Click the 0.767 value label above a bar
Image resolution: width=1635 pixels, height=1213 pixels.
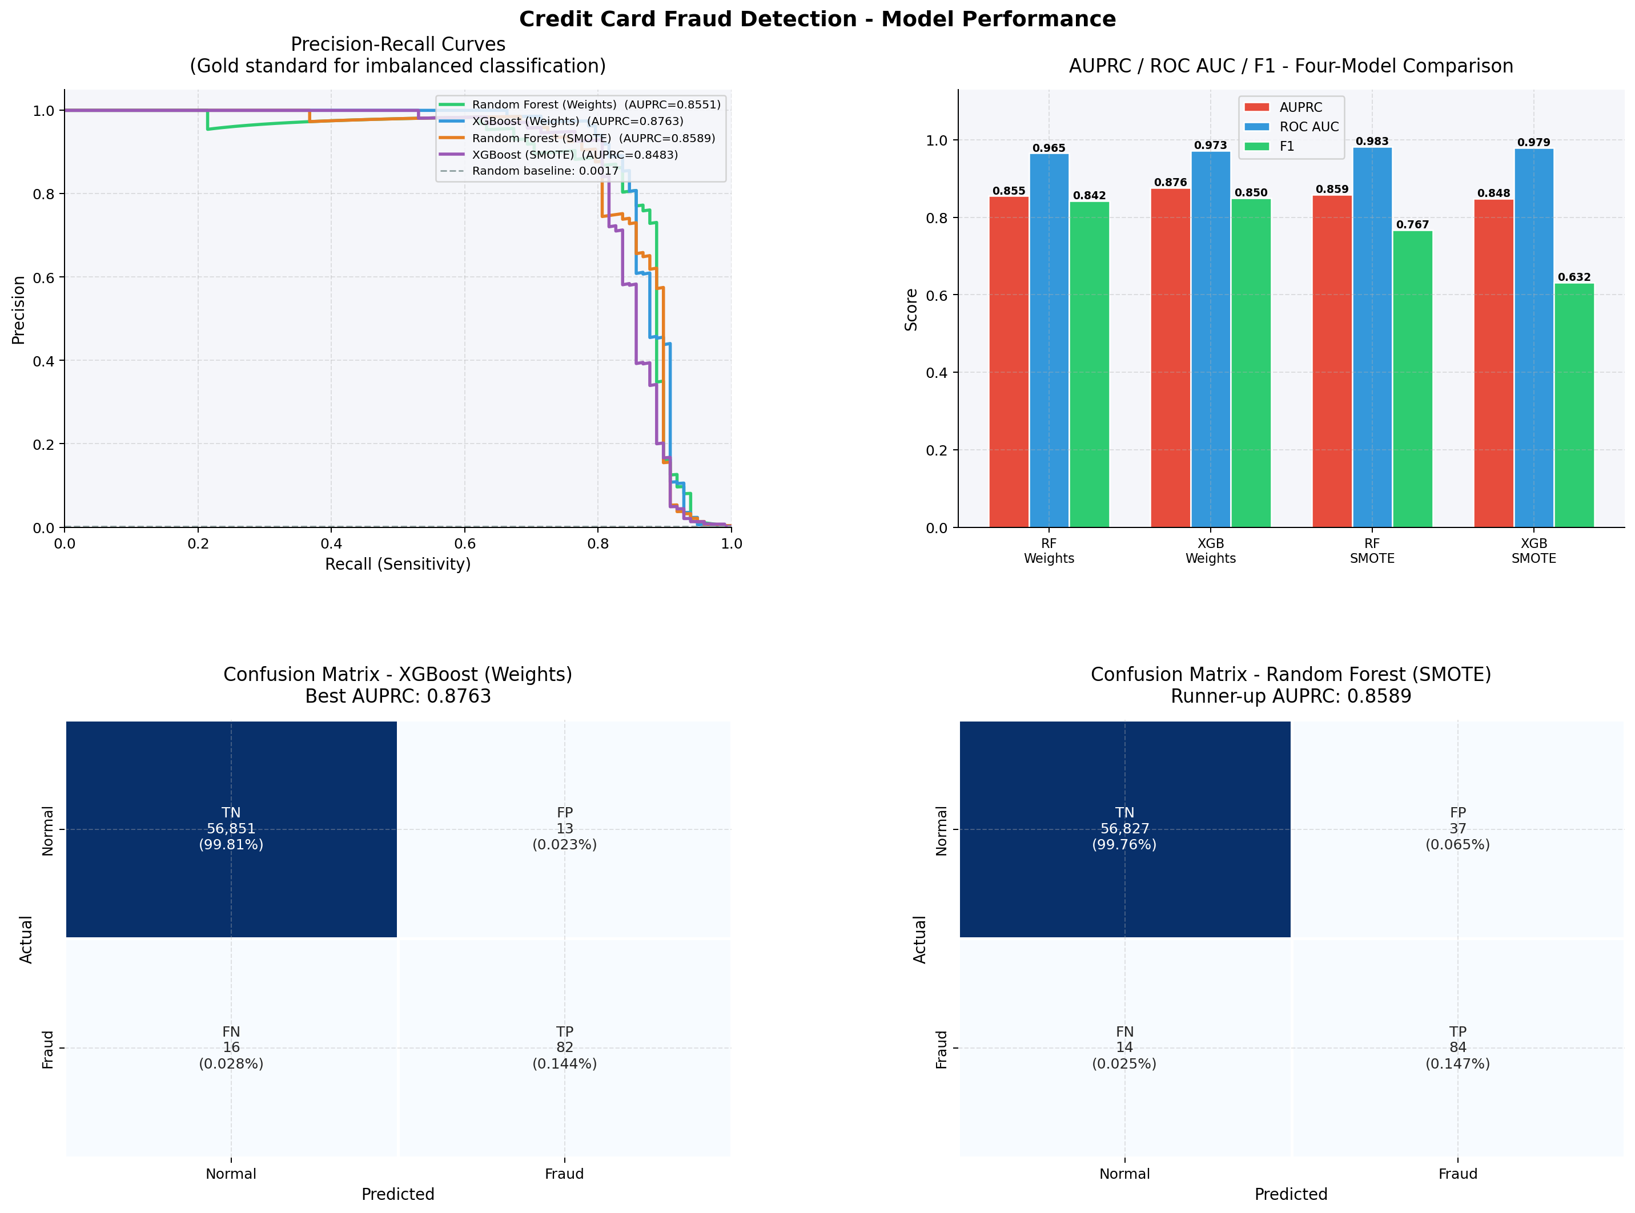1412,225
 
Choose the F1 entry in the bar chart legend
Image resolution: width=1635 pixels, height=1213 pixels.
1286,146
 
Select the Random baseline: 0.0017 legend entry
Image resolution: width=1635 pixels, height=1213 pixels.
545,171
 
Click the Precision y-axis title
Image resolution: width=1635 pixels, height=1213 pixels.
18,309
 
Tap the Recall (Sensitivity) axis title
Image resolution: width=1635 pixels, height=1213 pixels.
397,564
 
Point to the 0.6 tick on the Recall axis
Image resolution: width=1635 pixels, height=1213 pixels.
464,543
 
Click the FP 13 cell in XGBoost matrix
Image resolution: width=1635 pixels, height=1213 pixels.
564,828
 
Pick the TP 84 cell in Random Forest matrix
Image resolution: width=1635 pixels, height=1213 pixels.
1457,1047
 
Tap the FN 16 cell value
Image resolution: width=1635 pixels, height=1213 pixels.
231,1047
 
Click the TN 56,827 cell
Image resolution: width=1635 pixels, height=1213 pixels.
1124,828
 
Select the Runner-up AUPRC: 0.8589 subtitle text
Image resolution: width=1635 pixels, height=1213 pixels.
1291,696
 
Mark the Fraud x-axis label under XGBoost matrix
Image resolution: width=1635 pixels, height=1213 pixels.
564,1174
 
